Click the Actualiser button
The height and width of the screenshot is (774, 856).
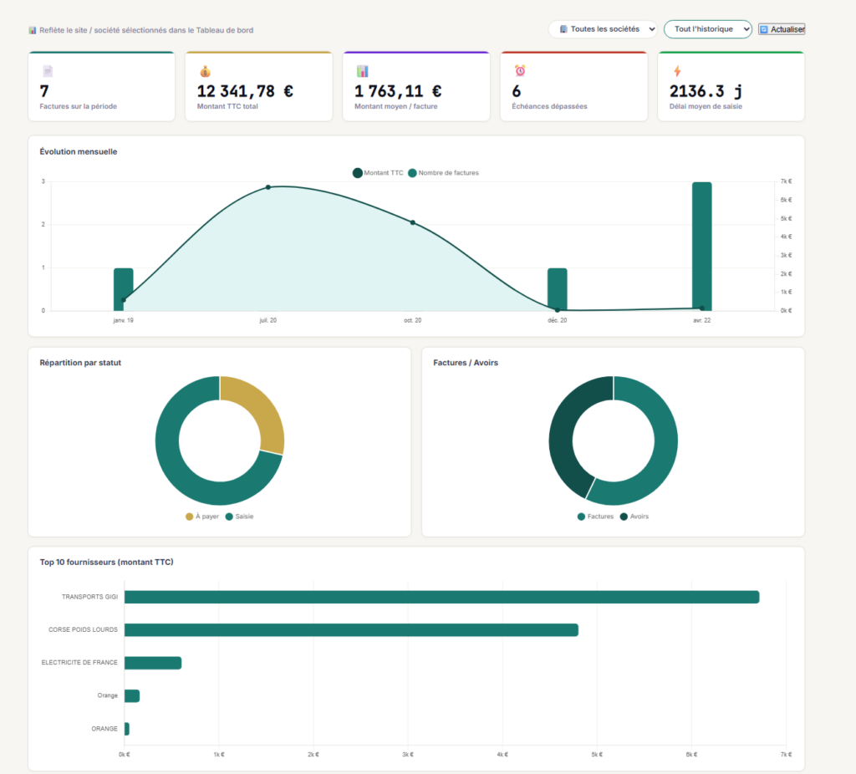pos(782,29)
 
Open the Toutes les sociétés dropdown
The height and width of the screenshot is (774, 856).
pos(603,29)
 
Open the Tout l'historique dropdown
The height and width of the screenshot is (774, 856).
pos(707,29)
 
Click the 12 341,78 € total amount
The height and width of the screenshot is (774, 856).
pos(245,91)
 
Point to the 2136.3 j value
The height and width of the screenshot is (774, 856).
pos(706,91)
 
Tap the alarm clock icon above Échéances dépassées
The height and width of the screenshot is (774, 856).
pos(520,70)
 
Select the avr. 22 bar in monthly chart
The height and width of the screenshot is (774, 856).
pos(702,247)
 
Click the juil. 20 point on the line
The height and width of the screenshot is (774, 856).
pos(268,187)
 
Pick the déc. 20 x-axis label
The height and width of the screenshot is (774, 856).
pos(558,320)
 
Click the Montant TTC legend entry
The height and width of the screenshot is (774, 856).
pos(378,173)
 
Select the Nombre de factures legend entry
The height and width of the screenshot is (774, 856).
pos(443,173)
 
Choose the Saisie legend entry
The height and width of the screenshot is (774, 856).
pos(239,517)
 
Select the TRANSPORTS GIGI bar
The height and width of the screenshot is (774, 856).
pos(441,597)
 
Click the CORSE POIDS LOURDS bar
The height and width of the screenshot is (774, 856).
pos(351,630)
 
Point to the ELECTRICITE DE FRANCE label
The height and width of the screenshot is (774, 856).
pos(79,663)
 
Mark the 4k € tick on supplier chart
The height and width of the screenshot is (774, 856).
pos(502,755)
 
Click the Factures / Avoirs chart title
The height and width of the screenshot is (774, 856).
pos(466,363)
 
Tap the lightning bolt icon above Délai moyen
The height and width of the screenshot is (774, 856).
pos(677,71)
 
